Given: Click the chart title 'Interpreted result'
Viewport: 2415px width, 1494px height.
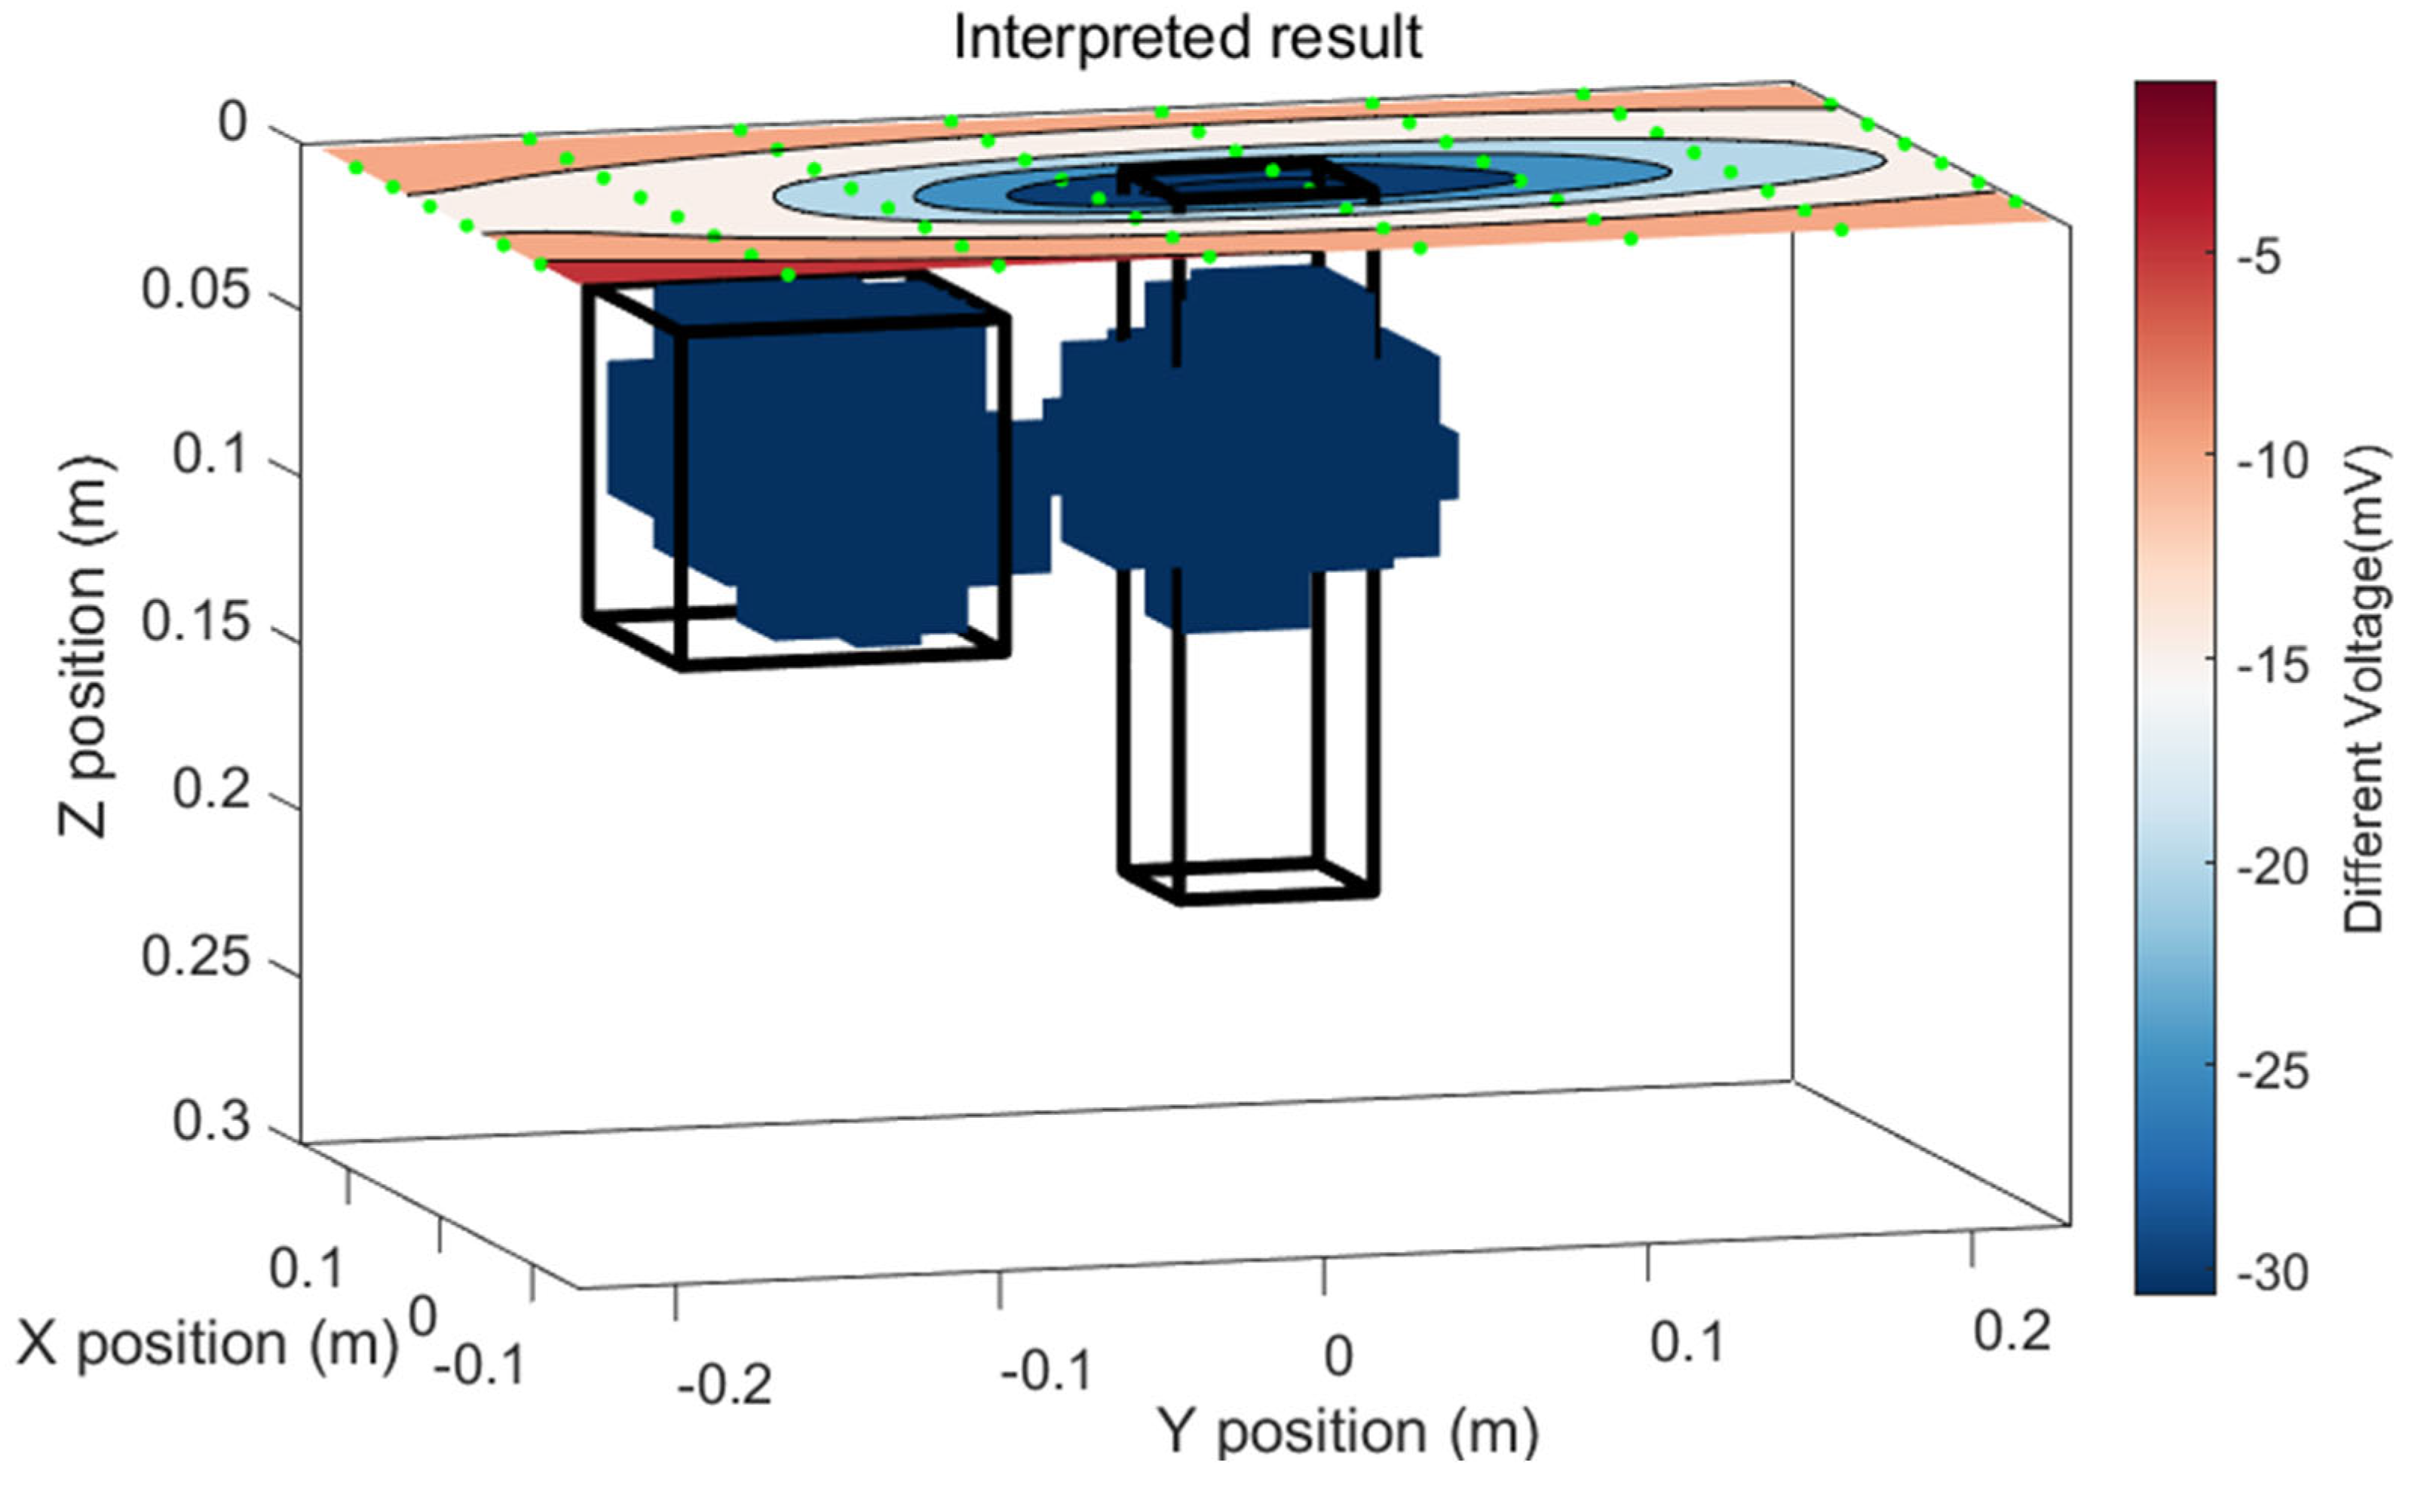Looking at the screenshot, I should [x=1187, y=39].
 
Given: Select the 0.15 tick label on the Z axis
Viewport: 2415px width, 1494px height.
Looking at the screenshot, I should [x=195, y=623].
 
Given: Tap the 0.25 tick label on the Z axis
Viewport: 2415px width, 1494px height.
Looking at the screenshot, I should [x=195, y=957].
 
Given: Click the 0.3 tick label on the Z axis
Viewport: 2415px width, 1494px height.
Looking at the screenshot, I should [x=210, y=1122].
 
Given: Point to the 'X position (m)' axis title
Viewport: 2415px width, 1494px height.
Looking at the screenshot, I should [x=207, y=1344].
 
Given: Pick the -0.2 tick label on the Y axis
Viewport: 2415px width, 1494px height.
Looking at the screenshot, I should [x=725, y=1385].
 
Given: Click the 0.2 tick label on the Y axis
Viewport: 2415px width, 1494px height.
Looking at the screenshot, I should [x=2012, y=1331].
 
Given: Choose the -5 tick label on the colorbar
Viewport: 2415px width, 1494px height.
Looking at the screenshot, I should [x=2262, y=259].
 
